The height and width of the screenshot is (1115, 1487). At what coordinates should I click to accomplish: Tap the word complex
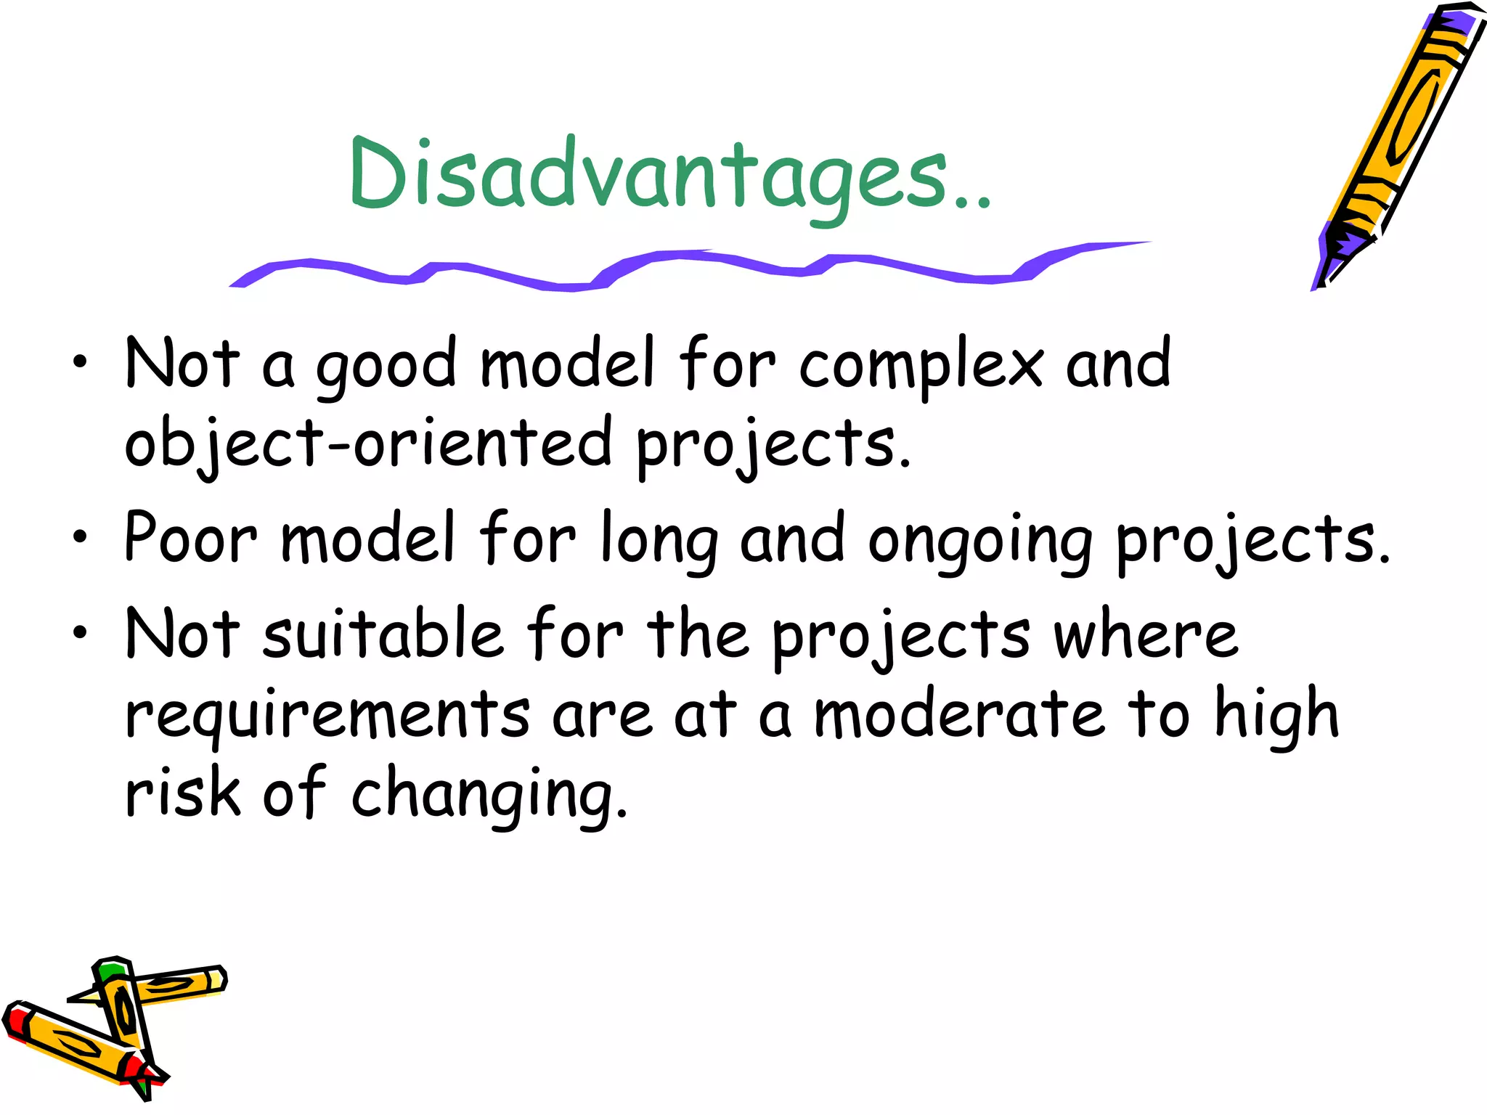pyautogui.click(x=921, y=366)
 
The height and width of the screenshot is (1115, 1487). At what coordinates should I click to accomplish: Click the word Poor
pyautogui.click(x=190, y=539)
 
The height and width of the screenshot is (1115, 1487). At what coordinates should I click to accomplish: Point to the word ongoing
pyautogui.click(x=980, y=542)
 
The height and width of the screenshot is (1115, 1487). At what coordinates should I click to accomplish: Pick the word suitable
pyautogui.click(x=383, y=634)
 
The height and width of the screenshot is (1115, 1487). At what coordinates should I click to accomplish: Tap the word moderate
pyautogui.click(x=959, y=714)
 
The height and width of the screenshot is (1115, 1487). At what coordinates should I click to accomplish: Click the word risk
pyautogui.click(x=182, y=793)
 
